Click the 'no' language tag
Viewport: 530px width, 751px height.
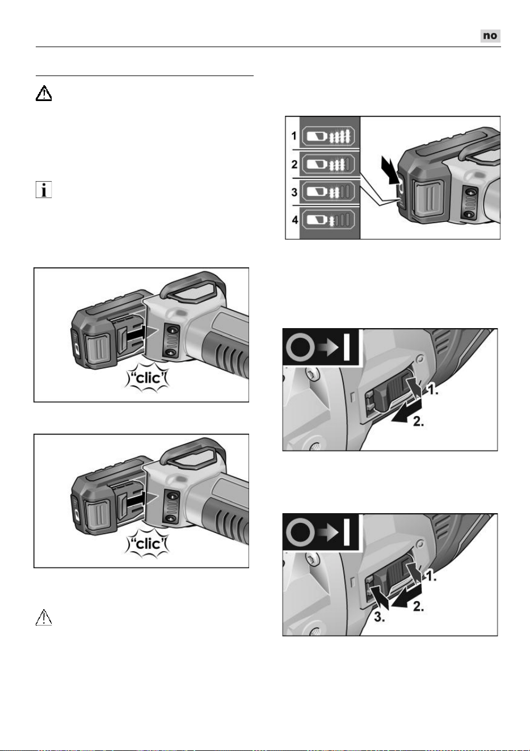click(490, 36)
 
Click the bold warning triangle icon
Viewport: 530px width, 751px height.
click(44, 93)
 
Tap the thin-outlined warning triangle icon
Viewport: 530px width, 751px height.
click(44, 618)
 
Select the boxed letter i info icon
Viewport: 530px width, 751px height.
click(44, 190)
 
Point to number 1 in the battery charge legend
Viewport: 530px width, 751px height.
click(294, 136)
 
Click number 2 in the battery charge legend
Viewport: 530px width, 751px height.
click(295, 164)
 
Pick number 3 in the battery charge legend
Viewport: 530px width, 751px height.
click(295, 192)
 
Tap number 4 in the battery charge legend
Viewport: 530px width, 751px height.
click(295, 220)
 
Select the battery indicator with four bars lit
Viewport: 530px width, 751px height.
click(328, 136)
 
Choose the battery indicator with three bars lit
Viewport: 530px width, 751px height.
click(328, 164)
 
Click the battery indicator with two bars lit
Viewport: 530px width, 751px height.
click(328, 192)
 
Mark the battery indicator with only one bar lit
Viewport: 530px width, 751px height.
click(328, 220)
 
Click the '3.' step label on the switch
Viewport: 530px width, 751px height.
click(379, 618)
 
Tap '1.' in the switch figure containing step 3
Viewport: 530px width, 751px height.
click(431, 576)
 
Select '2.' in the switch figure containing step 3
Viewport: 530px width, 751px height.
click(418, 606)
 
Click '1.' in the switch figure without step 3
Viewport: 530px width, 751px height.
click(433, 390)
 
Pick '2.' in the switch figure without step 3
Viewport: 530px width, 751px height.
click(418, 421)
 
